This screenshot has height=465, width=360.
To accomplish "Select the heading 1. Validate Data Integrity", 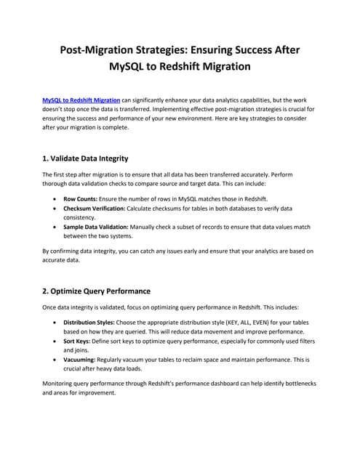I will (x=91, y=158).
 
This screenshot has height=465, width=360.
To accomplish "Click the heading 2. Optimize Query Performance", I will (x=97, y=291).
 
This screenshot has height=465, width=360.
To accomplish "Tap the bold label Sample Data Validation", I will (x=98, y=227).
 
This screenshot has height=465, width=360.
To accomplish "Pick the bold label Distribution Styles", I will (x=92, y=321).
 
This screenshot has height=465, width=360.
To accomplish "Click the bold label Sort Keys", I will (x=77, y=340).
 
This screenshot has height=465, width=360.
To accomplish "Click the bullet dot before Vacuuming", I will (x=56, y=360).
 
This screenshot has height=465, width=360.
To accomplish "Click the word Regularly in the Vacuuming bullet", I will (x=116, y=359).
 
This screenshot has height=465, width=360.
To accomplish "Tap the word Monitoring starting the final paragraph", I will (x=60, y=383).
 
